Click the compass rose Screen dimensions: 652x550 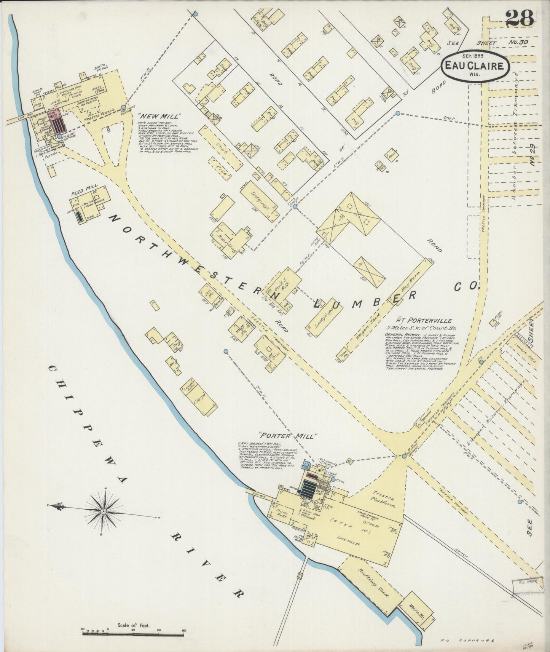(104, 511)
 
